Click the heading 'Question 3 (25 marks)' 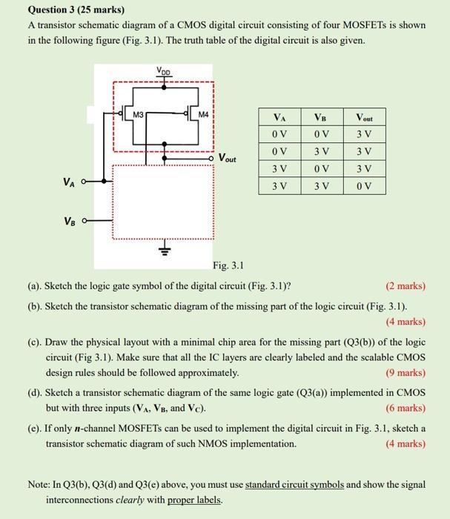pos(76,10)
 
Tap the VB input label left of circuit pos(70,220)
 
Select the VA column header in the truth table pos(279,117)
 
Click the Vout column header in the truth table pos(365,117)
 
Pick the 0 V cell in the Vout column pos(365,185)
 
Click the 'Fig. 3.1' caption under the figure pos(228,265)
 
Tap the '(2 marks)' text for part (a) pos(406,286)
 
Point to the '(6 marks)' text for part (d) pos(406,408)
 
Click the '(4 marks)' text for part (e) pos(406,443)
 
